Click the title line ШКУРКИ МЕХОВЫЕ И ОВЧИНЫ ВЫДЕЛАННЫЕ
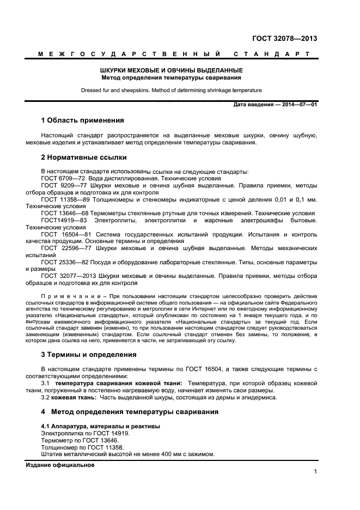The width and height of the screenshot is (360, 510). (x=179, y=70)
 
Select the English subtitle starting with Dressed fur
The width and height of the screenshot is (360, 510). (x=170, y=90)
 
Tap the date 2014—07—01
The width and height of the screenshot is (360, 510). (x=297, y=105)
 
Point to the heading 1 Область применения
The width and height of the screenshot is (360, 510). (x=83, y=120)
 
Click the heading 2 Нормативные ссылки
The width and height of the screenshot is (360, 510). (x=84, y=157)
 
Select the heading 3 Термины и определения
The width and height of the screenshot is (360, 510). (x=89, y=355)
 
